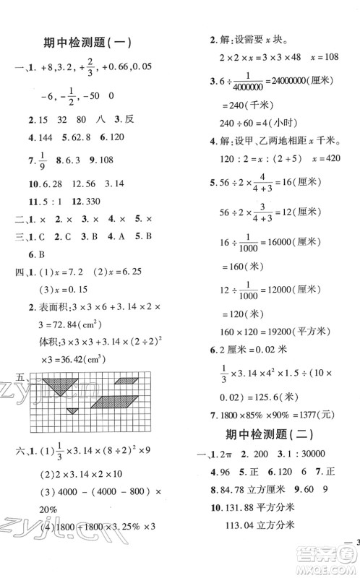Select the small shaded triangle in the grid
click(x=73, y=410)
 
